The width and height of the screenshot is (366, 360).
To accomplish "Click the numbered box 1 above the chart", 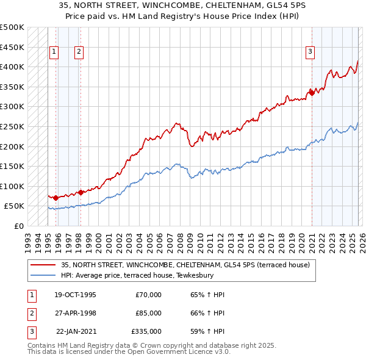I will click(x=54, y=52).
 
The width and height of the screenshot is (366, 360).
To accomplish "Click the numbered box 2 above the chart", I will click(x=79, y=52).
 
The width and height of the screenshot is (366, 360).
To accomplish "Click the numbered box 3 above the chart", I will click(x=310, y=52).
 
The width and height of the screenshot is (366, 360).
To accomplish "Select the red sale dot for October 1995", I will click(x=56, y=198).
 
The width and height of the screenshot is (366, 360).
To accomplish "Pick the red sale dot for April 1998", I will click(x=81, y=192).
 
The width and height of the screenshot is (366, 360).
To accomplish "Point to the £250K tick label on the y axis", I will click(x=12, y=126).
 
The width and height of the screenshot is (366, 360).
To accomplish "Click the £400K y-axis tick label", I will click(x=12, y=67).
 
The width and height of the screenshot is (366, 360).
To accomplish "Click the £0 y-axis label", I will click(x=18, y=226).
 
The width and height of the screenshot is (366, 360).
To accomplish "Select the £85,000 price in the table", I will click(x=149, y=313).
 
